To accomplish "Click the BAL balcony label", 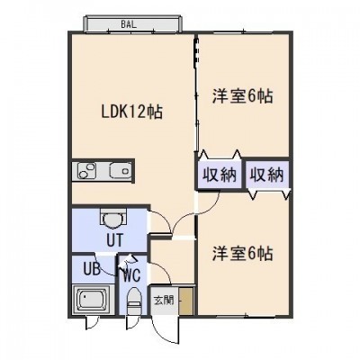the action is [129, 24].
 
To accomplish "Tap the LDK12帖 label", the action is [132, 112].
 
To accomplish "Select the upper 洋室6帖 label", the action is [243, 96].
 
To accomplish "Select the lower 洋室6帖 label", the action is [243, 254].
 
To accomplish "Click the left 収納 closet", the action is [219, 175].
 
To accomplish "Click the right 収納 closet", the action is [267, 175].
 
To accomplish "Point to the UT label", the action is [114, 240].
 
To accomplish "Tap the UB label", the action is [92, 269].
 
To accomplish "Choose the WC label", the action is [132, 275].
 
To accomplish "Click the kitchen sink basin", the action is [121, 171].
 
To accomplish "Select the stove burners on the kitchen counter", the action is [86, 171].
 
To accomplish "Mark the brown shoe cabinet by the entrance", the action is [186, 301].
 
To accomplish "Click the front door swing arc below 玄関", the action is [162, 331].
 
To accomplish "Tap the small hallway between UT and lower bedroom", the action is [173, 262].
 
